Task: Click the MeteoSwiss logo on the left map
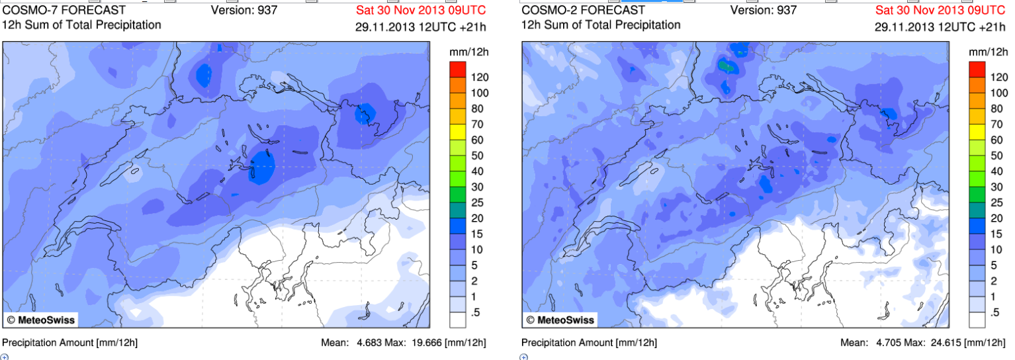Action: pyautogui.click(x=41, y=320)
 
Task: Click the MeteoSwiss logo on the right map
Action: pyautogui.click(x=560, y=320)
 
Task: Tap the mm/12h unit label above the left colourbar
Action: pyautogui.click(x=467, y=51)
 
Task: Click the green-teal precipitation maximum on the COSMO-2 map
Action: pyautogui.click(x=727, y=66)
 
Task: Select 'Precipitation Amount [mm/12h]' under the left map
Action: pyautogui.click(x=69, y=343)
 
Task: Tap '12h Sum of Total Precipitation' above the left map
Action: pyautogui.click(x=81, y=25)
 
